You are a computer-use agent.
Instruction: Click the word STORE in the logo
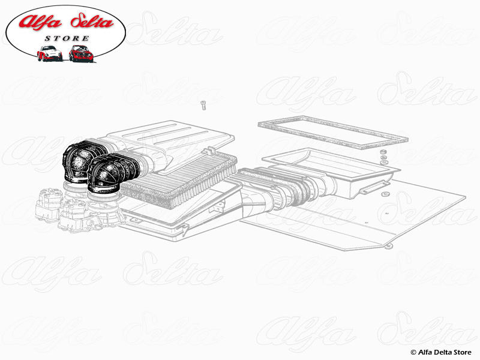pos(67,38)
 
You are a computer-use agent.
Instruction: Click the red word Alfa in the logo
pos(40,22)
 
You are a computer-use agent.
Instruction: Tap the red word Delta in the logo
pos(92,22)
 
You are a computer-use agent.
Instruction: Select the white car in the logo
pos(49,53)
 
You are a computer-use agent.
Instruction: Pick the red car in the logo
pos(81,53)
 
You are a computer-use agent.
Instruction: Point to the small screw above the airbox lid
pos(203,105)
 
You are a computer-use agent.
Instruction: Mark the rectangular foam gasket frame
pos(333,131)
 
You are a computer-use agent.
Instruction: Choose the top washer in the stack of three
pos(383,152)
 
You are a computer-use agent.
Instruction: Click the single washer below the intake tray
pos(385,194)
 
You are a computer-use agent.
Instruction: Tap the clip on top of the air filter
pos(209,151)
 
